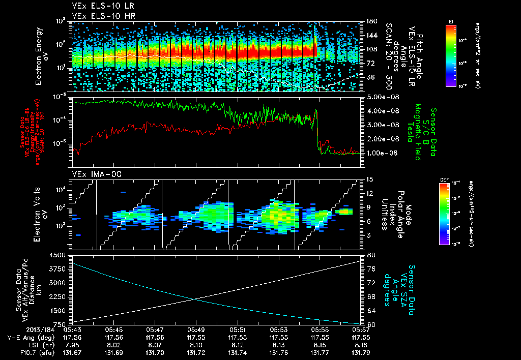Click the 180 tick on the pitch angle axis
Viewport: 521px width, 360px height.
pyautogui.click(x=371, y=21)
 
